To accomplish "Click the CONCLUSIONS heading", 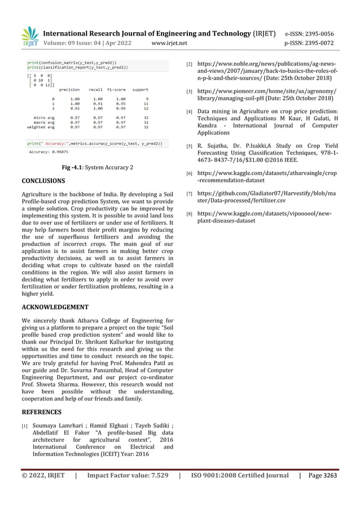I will pyautogui.click(x=43, y=181).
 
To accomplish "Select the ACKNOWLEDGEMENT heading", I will pyautogui.click(x=55, y=308).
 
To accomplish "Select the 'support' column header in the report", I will pyautogui.click(x=140, y=89).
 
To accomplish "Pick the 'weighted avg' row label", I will pyautogui.click(x=41, y=127).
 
